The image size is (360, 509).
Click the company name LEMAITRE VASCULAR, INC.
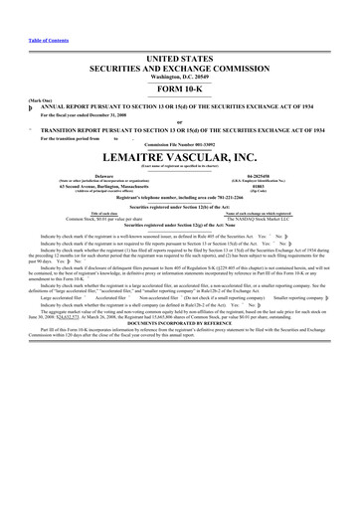(179, 159)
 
